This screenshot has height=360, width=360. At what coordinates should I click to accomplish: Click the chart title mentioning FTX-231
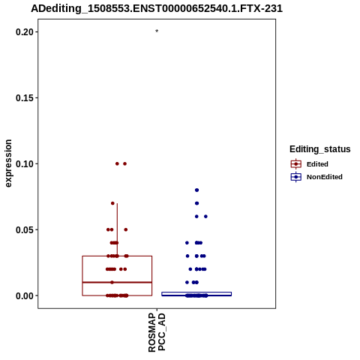(157, 8)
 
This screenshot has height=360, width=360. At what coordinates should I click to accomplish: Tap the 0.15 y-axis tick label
(25, 98)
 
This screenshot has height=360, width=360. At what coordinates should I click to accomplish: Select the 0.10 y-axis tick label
(25, 164)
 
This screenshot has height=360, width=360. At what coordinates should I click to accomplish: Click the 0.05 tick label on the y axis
(25, 229)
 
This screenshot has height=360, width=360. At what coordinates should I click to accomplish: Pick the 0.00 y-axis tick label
(25, 295)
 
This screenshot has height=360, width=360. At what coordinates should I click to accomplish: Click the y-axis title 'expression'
(8, 163)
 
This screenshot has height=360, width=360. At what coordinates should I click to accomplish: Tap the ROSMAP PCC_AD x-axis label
(157, 332)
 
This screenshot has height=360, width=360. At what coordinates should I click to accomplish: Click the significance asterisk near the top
(157, 31)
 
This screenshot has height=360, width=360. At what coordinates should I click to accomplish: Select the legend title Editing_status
(320, 149)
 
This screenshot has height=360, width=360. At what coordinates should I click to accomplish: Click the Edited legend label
(317, 164)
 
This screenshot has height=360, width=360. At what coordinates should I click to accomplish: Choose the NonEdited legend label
(325, 177)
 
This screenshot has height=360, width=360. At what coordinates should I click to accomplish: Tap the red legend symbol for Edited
(296, 164)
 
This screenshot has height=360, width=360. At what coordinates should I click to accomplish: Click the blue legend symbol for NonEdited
(296, 177)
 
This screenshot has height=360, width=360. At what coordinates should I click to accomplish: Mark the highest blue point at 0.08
(196, 190)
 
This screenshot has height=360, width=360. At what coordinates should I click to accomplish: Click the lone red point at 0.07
(112, 203)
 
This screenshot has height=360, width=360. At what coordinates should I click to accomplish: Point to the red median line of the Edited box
(117, 282)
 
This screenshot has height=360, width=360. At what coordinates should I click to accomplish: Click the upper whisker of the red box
(117, 229)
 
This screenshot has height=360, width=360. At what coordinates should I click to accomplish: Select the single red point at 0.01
(112, 282)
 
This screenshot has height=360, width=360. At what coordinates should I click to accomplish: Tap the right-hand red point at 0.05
(126, 229)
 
